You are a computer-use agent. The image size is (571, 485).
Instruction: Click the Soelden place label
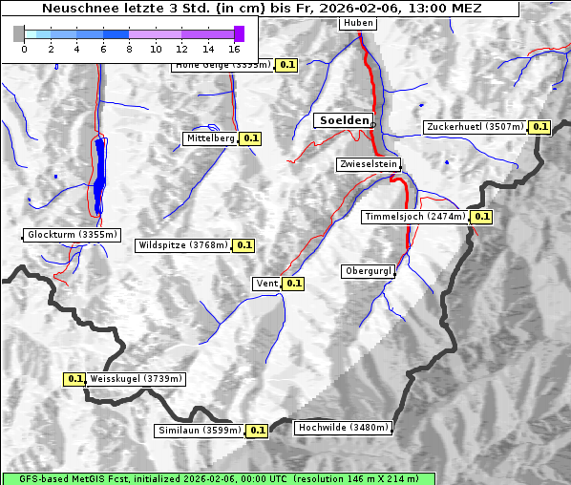click(343, 120)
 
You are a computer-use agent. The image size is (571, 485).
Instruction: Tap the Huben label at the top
click(357, 23)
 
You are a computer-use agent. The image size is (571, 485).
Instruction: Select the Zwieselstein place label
click(368, 164)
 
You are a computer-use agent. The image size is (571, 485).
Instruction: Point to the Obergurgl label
click(368, 271)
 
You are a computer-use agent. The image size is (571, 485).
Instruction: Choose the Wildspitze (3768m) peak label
click(183, 245)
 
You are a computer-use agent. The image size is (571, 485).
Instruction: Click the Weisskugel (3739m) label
click(135, 379)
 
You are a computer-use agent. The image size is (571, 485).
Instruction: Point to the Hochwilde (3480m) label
click(343, 428)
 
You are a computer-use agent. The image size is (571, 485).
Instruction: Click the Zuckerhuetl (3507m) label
click(476, 127)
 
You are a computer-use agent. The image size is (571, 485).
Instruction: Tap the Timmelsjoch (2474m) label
click(415, 217)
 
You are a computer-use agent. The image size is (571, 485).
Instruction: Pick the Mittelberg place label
click(210, 138)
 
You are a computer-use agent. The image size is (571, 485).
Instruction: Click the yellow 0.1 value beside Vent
click(293, 283)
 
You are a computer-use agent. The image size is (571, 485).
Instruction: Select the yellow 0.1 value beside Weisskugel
click(75, 379)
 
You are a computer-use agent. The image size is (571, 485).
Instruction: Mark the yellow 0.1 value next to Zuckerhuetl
click(540, 127)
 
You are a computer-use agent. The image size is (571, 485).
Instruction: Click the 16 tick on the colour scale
click(235, 48)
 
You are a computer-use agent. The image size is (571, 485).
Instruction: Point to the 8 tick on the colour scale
click(129, 48)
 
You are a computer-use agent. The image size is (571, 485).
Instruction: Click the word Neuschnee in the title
click(74, 9)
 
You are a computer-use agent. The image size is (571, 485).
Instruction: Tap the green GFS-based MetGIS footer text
click(219, 478)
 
